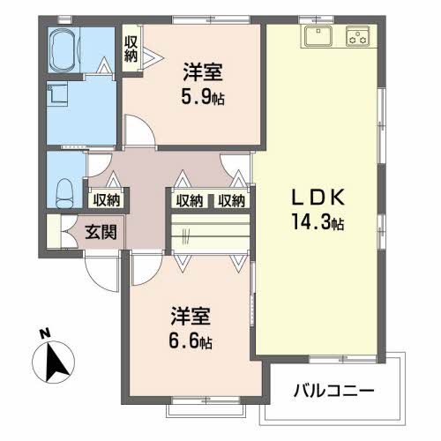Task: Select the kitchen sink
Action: [x=318, y=36]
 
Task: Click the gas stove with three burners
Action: [x=358, y=36]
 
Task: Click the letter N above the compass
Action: [x=45, y=333]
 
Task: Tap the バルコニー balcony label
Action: [x=334, y=391]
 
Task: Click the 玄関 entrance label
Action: [x=101, y=232]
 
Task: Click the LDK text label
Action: [x=318, y=197]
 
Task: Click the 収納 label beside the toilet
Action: [x=107, y=200]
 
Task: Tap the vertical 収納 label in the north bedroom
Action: [x=131, y=49]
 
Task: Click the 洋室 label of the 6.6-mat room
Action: [x=191, y=316]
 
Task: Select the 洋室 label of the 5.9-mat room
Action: [x=203, y=72]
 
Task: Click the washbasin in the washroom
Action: [x=57, y=92]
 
